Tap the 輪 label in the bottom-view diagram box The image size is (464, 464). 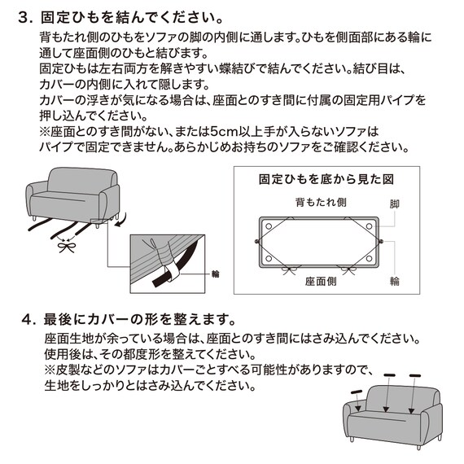point(395,281)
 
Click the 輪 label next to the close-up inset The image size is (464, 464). point(217,276)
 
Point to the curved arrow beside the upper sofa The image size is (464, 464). point(121,220)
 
